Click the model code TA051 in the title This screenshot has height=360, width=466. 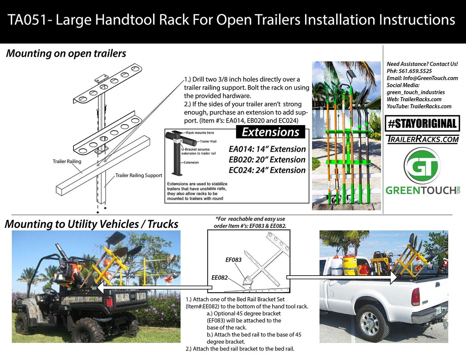pos(28,20)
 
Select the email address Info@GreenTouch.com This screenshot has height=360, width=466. pos(430,78)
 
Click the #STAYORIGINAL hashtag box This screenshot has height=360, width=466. pos(422,124)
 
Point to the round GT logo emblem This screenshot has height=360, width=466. pos(422,167)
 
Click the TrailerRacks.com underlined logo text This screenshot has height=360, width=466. pos(422,139)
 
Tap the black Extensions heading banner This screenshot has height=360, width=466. pos(271,132)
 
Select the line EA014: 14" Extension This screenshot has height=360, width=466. pos(267,149)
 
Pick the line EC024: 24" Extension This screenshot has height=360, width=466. pos(267,170)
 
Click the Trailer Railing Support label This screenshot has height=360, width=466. pos(139,176)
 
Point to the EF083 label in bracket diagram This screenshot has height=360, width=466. pos(233,260)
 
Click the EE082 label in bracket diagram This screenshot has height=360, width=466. pos(220,278)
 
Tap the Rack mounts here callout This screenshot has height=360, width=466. pos(200,133)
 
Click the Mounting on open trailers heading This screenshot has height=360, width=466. pos(66,54)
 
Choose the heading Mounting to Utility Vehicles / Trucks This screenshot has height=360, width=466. pos(92,224)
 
